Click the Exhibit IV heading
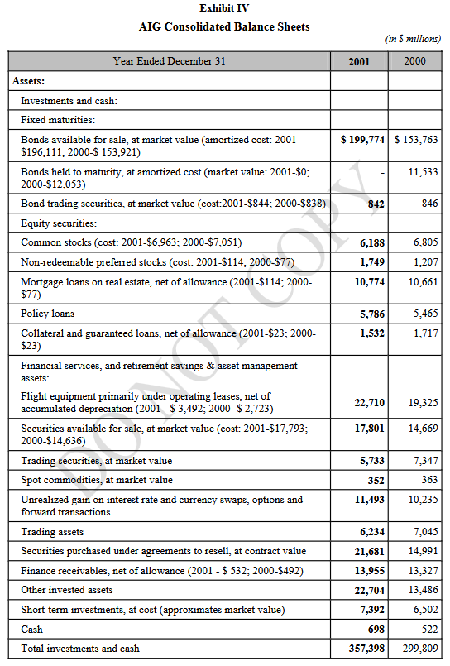(224, 8)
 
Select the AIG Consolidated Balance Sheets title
(224, 26)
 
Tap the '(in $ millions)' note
(413, 39)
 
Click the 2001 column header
(359, 61)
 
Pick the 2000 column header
(414, 61)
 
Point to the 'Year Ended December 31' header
(170, 61)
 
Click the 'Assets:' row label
(28, 81)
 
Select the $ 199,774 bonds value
(362, 140)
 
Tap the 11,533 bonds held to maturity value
(423, 172)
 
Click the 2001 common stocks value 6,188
(372, 243)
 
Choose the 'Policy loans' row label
(47, 314)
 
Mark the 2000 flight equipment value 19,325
(423, 403)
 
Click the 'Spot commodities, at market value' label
(97, 480)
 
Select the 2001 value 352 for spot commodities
(376, 481)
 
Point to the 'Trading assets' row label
(52, 532)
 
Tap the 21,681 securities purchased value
(370, 551)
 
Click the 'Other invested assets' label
(67, 590)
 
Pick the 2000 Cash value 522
(429, 629)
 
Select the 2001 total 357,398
(366, 649)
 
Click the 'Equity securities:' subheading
(59, 223)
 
